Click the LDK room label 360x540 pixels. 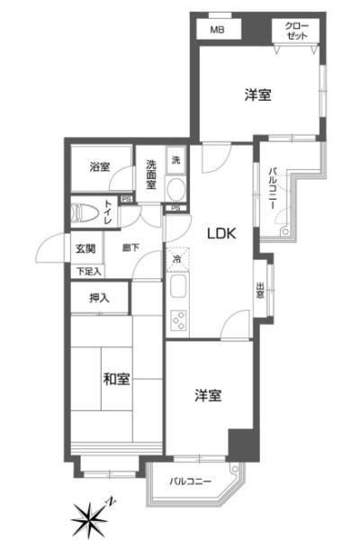coord(221,233)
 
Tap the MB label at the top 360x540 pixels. coord(217,30)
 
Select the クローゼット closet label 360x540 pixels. coord(297,31)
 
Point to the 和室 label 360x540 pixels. coord(116,379)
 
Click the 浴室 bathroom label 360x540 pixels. coord(100,166)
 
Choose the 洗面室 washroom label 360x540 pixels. coord(151,175)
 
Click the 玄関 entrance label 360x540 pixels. coord(85,248)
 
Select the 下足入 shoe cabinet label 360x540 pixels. coord(88,272)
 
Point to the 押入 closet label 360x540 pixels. coord(100,298)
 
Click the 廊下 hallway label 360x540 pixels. coord(130,247)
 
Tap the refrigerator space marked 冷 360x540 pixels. coord(177,258)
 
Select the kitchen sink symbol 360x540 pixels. coord(179,289)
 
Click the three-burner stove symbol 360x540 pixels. coord(178,320)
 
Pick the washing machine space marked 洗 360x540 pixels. coord(176,160)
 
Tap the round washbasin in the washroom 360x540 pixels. coord(176,189)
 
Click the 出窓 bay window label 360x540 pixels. coord(260,290)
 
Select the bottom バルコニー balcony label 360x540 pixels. coord(190,481)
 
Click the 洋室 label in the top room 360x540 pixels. coord(257,94)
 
